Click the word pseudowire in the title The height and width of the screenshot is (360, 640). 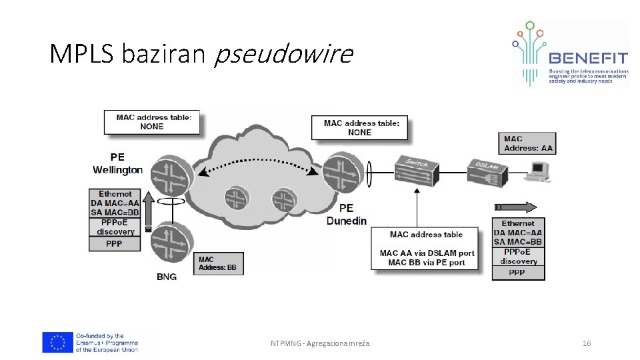coord(283,54)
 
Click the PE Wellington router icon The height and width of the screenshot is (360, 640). coord(171,175)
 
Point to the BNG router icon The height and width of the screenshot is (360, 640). coord(171,245)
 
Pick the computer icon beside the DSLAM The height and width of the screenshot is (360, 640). coord(538,170)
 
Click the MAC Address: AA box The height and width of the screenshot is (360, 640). coord(527,143)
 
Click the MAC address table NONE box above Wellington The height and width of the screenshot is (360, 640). coord(153,122)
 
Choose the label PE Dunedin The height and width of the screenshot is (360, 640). coord(346,215)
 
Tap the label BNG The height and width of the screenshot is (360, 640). coord(166,277)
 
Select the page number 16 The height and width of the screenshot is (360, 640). coord(587,343)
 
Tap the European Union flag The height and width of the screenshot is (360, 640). coord(57,342)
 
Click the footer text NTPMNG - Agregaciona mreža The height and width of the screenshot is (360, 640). coord(320,343)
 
